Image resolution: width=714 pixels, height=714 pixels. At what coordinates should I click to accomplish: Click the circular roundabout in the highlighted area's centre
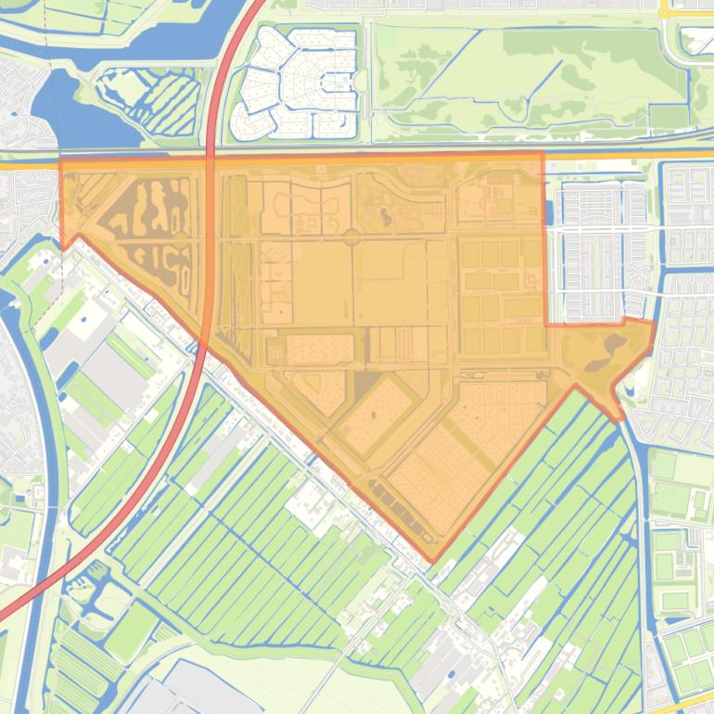(x=351, y=237)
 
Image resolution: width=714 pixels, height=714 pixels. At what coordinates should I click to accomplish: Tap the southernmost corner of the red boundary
(x=431, y=560)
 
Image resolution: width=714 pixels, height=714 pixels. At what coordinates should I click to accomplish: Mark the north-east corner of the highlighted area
(x=542, y=154)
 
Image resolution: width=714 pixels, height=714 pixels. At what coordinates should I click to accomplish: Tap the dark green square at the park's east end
(x=669, y=117)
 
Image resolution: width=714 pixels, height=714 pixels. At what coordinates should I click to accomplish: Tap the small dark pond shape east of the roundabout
(x=385, y=217)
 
